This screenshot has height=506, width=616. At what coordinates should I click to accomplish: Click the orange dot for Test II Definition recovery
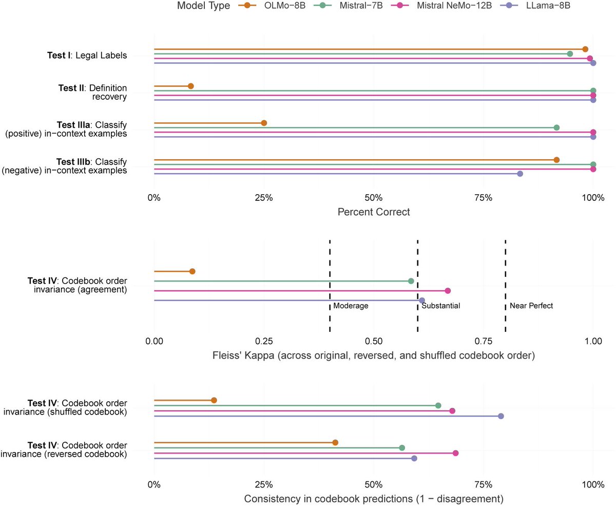(190, 86)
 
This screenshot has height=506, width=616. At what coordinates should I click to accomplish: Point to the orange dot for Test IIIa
(264, 123)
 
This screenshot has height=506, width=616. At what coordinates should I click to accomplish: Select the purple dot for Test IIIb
(520, 174)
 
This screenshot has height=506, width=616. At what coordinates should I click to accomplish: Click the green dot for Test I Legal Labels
(570, 53)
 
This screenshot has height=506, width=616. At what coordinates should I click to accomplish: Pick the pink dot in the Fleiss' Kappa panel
(448, 291)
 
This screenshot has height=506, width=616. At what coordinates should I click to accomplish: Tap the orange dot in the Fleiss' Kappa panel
(192, 271)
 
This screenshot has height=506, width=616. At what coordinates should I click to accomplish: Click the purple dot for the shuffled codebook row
(501, 416)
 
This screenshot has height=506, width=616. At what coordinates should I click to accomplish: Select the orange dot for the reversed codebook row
(335, 443)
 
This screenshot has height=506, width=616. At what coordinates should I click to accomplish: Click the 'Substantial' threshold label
(440, 306)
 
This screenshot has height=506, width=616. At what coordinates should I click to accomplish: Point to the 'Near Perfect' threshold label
(531, 306)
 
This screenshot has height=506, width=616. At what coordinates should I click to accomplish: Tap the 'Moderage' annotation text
(351, 306)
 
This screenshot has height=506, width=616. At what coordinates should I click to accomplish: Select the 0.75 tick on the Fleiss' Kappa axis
(484, 341)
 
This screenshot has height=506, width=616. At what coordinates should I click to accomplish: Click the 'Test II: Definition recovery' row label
(92, 92)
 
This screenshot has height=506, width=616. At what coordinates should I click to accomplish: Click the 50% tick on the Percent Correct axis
(374, 197)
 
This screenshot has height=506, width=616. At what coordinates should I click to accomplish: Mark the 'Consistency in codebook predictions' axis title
(374, 499)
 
